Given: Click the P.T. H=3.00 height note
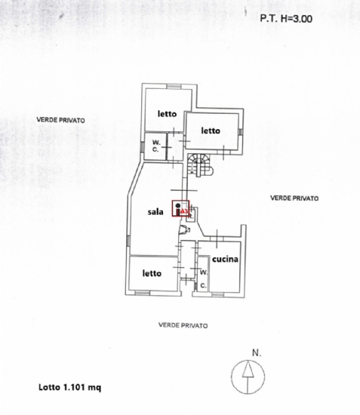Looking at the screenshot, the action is point(286,19).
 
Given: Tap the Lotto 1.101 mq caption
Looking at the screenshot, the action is point(70,388).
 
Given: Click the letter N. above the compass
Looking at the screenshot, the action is point(257,353).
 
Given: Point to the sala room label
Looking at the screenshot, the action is point(155,212).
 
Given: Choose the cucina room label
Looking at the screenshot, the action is point(225,259).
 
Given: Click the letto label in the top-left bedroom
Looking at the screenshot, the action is point(167,114).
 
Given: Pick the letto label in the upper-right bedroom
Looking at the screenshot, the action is point(211,131).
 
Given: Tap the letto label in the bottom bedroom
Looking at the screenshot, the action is point(152,273).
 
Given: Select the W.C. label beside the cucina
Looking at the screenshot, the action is point(204,279).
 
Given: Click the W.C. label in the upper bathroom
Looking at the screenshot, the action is point(156,146).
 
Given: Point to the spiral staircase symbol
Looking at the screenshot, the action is point(200,165).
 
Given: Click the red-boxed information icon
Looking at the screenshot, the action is point(180,208).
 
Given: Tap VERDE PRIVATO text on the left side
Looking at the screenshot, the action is point(61,120).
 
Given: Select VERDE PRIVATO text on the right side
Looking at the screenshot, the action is point(294,198).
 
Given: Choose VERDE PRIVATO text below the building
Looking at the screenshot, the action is point(183,325).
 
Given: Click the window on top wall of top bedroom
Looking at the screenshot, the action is point(174,86).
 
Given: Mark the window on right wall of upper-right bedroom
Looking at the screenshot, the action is point(241,132).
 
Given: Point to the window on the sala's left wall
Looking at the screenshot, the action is point(128,241).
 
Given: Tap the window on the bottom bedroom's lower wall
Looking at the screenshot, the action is point(142,293).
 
